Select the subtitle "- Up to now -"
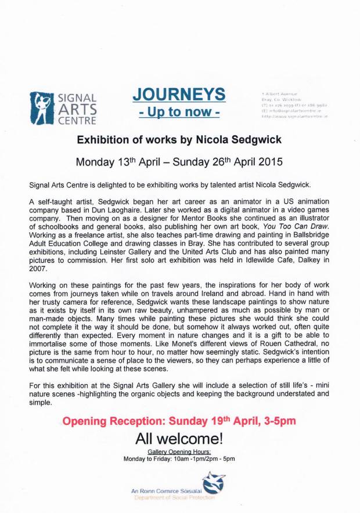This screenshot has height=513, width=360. [178, 111]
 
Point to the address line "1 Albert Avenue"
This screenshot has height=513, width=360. [279, 93]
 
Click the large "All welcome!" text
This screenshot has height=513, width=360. [179, 438]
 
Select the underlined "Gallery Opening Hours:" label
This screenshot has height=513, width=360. [178, 451]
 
